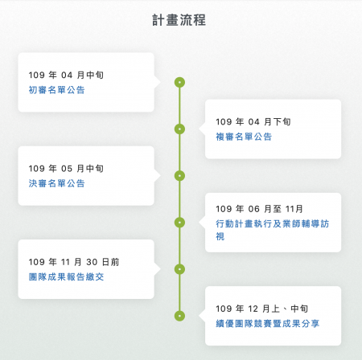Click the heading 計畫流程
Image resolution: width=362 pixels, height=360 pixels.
pos(179,20)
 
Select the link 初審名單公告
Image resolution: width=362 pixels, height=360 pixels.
pos(56,90)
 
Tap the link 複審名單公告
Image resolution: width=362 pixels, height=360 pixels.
pos(244,137)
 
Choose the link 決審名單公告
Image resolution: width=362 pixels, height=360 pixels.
pos(56,183)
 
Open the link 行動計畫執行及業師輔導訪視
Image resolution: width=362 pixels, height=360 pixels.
pos(273,230)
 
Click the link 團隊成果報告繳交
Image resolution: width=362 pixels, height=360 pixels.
pos(66,276)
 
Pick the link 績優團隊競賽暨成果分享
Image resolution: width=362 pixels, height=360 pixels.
pos(268,324)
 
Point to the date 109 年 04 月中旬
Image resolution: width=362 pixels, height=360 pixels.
pos(66,75)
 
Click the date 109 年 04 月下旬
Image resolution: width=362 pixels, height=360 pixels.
pos(253,122)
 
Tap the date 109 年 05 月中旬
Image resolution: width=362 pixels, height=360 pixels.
pos(66,169)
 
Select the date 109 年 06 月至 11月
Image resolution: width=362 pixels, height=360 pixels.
pos(259,209)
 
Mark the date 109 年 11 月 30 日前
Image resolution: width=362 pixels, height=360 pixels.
pos(74,262)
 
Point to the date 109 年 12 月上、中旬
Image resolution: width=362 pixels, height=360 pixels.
pos(261,309)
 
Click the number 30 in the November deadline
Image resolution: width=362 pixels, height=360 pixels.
pos(92,262)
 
